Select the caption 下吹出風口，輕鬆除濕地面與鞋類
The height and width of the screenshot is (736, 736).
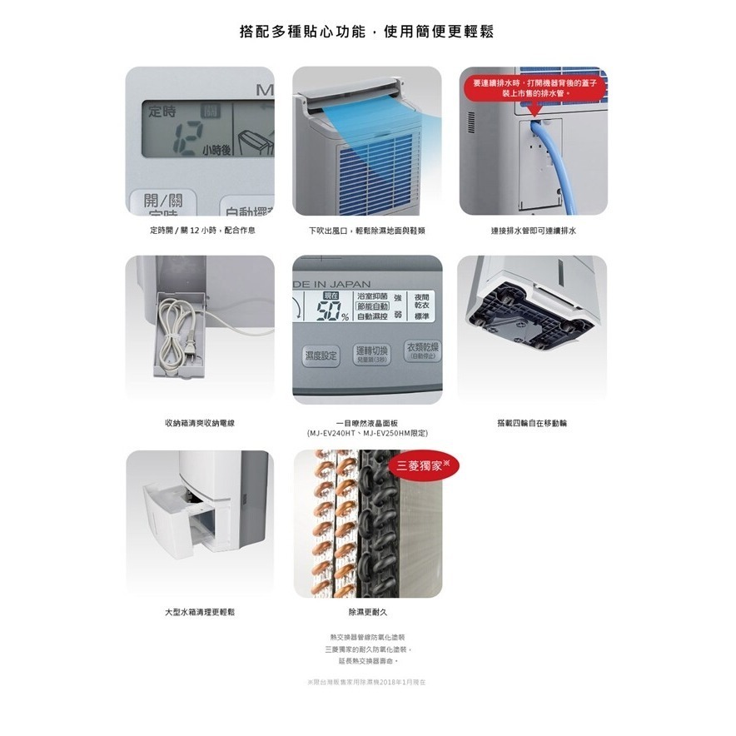pyautogui.click(x=367, y=230)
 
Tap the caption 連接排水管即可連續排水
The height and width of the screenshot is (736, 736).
pyautogui.click(x=533, y=230)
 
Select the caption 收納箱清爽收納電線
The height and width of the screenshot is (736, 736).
pyautogui.click(x=200, y=423)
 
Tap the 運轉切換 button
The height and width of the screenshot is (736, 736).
pyautogui.click(x=370, y=353)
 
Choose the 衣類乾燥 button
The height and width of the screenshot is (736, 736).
pyautogui.click(x=423, y=350)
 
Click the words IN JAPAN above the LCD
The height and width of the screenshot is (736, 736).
pyautogui.click(x=338, y=285)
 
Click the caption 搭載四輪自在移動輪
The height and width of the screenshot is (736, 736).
pyautogui.click(x=532, y=423)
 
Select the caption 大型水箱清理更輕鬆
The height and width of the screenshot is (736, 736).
pyautogui.click(x=200, y=612)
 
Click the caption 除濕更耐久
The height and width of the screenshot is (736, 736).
pyautogui.click(x=367, y=612)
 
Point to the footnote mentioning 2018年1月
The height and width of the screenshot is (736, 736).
pyautogui.click(x=367, y=682)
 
